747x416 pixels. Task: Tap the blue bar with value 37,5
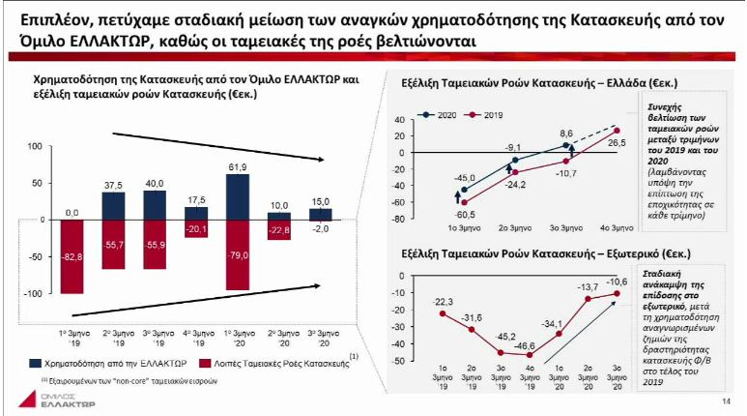click(114, 205)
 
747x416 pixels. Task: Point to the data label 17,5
click(197, 198)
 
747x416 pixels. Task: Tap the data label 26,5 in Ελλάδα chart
click(617, 143)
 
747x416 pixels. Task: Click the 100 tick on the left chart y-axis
click(35, 146)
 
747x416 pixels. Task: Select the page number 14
click(726, 402)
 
